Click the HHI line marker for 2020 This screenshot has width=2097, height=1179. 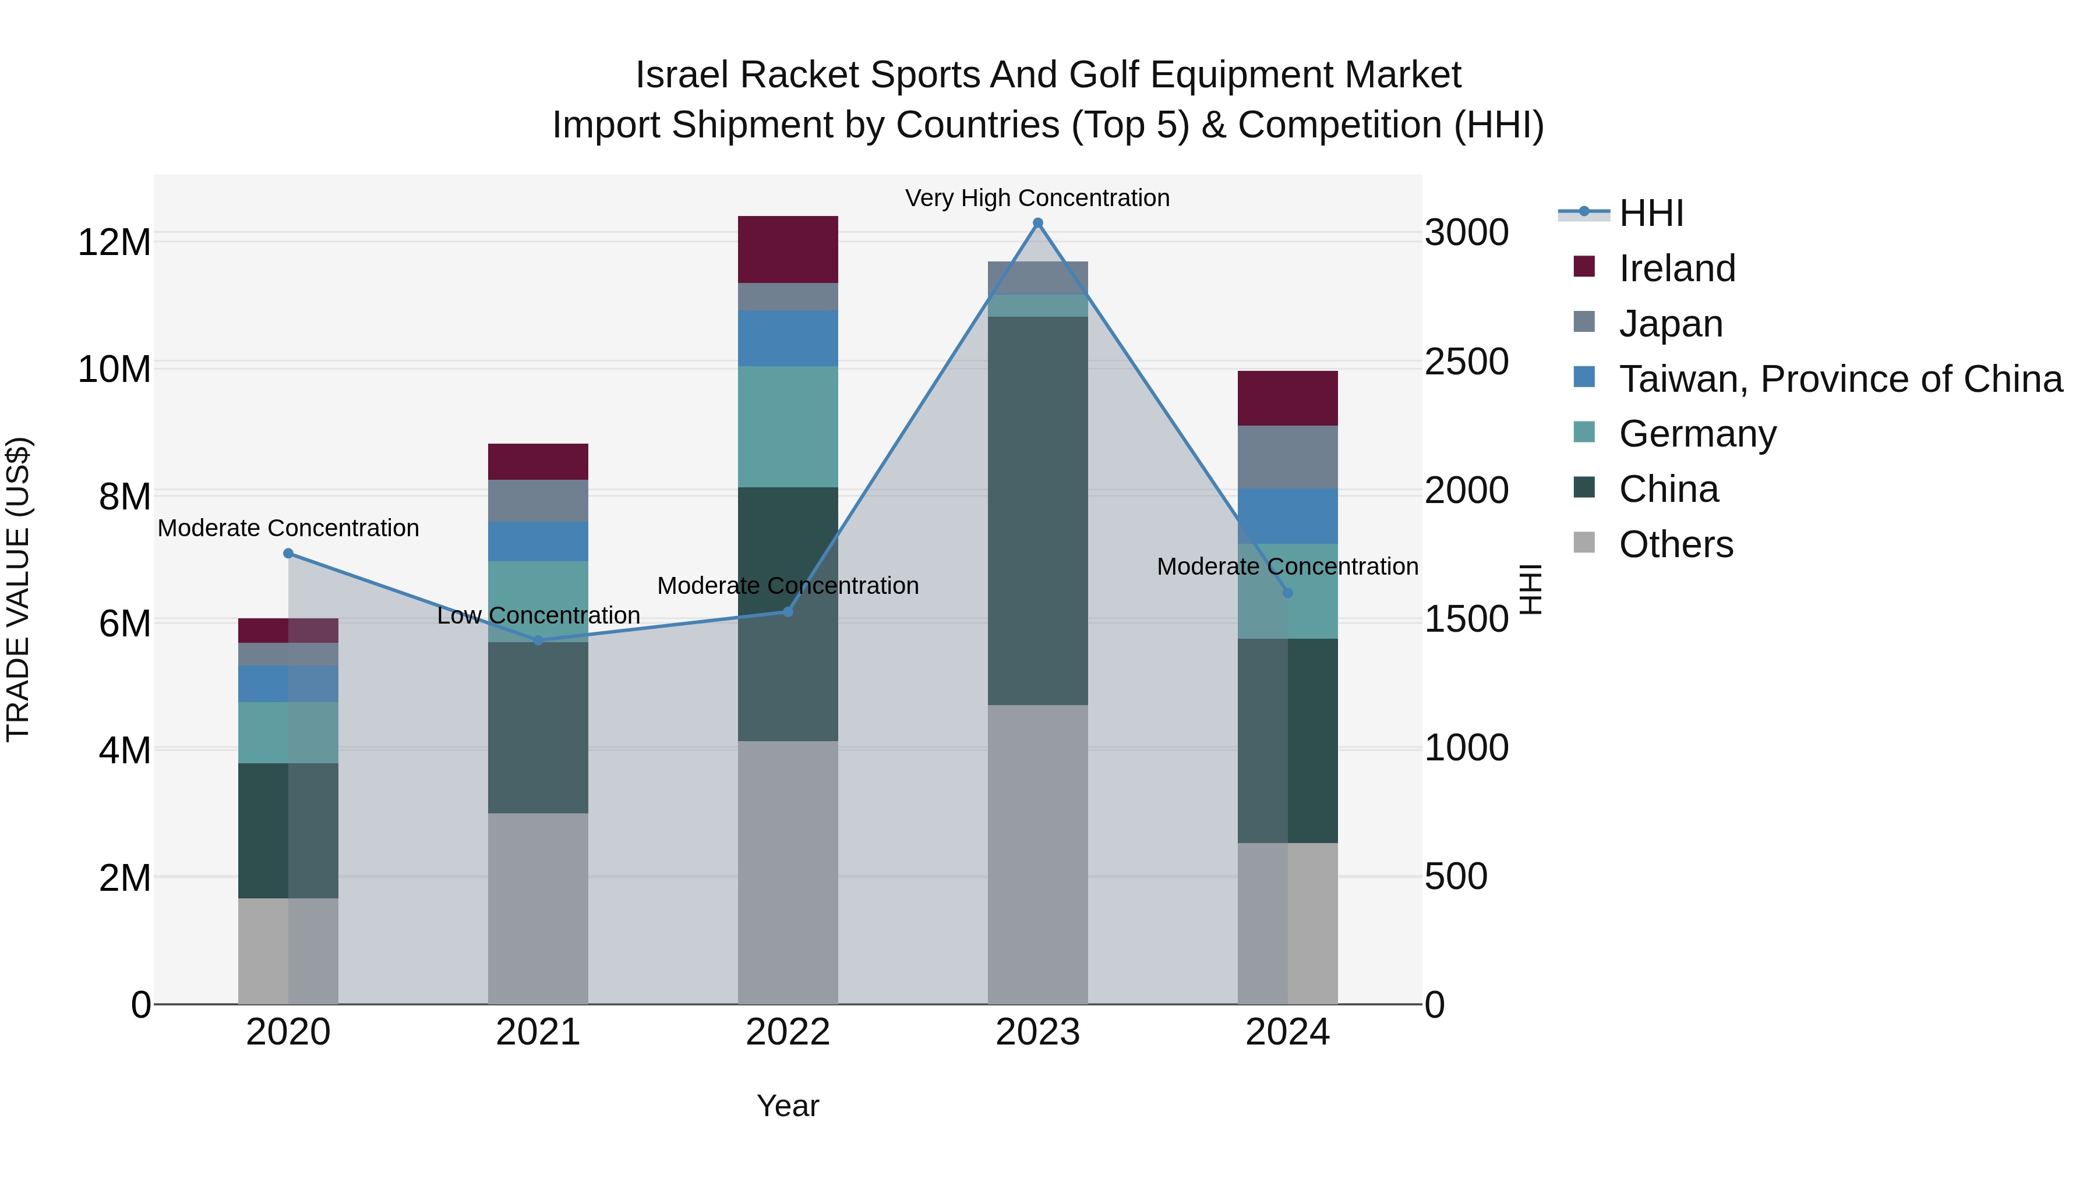pyautogui.click(x=288, y=553)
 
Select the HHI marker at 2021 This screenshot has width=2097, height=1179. pyautogui.click(x=538, y=640)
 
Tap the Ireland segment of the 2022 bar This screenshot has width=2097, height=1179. pyautogui.click(x=787, y=249)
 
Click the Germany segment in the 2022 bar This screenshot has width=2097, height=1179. pyautogui.click(x=787, y=426)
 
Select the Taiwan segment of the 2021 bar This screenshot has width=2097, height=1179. pyautogui.click(x=538, y=541)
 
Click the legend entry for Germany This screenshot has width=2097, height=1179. pyautogui.click(x=1697, y=434)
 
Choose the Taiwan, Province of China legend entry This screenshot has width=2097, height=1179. pyautogui.click(x=1840, y=378)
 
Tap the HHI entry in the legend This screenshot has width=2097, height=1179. pyautogui.click(x=1650, y=213)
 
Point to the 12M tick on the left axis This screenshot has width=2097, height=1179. pyautogui.click(x=114, y=242)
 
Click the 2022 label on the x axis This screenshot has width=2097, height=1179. pyautogui.click(x=787, y=1032)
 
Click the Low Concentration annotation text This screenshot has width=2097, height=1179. pyautogui.click(x=538, y=615)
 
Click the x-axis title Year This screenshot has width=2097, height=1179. pyautogui.click(x=787, y=1106)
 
